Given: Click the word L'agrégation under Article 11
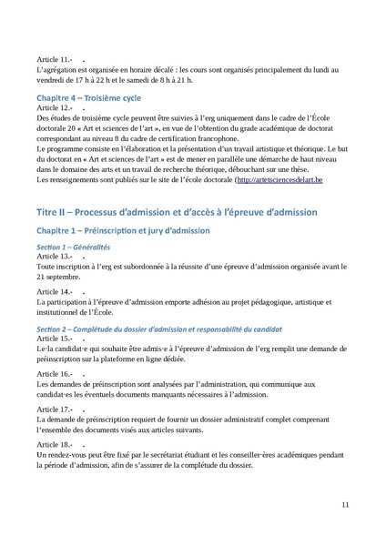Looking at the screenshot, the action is point(59,69).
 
